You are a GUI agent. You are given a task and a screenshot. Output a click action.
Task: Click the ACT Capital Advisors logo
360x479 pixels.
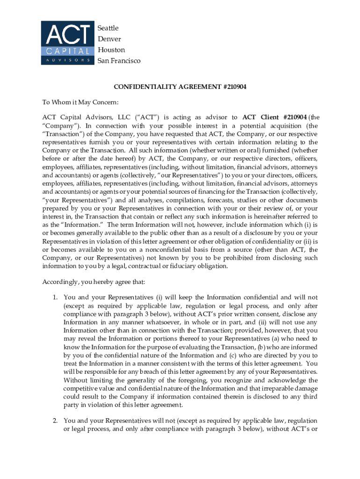(x=66, y=43)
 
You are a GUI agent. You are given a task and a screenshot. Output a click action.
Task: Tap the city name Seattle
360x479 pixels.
(x=108, y=28)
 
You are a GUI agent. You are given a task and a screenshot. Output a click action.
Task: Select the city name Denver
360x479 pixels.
(x=109, y=39)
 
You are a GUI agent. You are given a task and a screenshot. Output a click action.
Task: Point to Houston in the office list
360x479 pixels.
(x=111, y=50)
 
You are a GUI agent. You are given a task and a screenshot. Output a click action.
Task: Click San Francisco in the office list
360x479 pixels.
(x=119, y=61)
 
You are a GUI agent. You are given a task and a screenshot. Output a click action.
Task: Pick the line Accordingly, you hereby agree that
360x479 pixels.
(x=94, y=282)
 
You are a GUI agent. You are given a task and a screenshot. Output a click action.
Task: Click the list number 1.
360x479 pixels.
(x=55, y=297)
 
